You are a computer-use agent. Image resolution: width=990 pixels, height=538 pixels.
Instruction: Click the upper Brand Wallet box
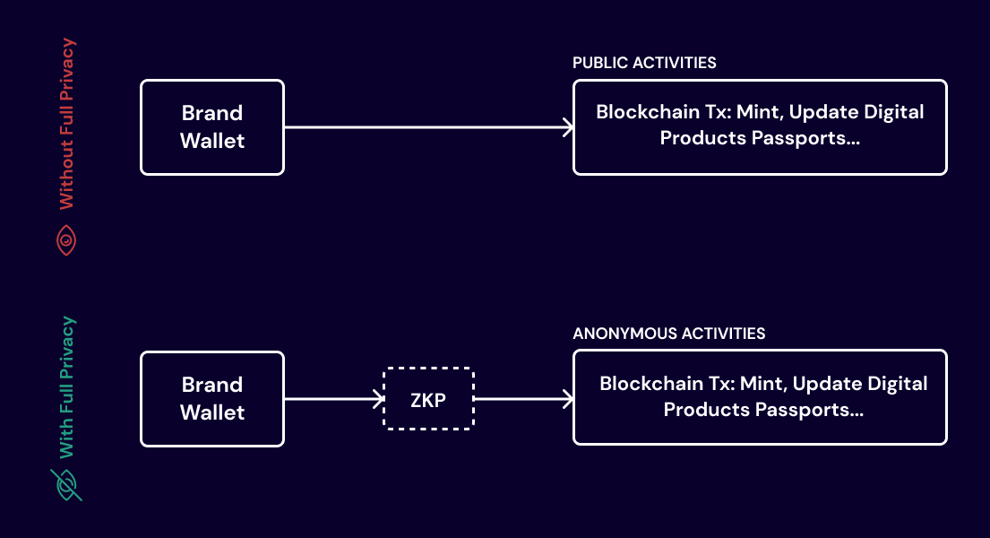point(212,127)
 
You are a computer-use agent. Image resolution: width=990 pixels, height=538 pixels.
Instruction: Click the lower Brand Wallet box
point(212,398)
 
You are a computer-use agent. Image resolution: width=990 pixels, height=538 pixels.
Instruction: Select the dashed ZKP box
point(428,399)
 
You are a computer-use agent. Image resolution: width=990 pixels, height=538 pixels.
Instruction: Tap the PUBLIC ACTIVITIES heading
point(644,63)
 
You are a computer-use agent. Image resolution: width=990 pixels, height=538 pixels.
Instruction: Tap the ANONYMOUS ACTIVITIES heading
point(668,334)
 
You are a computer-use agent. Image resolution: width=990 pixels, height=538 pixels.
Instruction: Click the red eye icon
point(67,240)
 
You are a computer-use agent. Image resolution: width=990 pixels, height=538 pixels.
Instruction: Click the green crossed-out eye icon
point(67,484)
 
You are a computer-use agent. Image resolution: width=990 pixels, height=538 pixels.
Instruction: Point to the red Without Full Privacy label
point(67,124)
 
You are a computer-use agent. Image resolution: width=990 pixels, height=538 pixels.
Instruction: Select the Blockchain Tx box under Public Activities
point(760,127)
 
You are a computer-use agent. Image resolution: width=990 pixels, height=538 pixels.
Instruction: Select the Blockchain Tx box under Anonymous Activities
point(760,398)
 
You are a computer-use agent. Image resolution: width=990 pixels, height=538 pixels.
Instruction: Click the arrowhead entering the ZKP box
point(379,399)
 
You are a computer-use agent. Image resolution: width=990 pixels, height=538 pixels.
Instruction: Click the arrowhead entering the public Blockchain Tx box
point(567,128)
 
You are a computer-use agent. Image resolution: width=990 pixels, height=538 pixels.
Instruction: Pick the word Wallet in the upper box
point(212,141)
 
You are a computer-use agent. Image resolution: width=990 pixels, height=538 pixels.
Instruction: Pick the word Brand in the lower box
point(212,385)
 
